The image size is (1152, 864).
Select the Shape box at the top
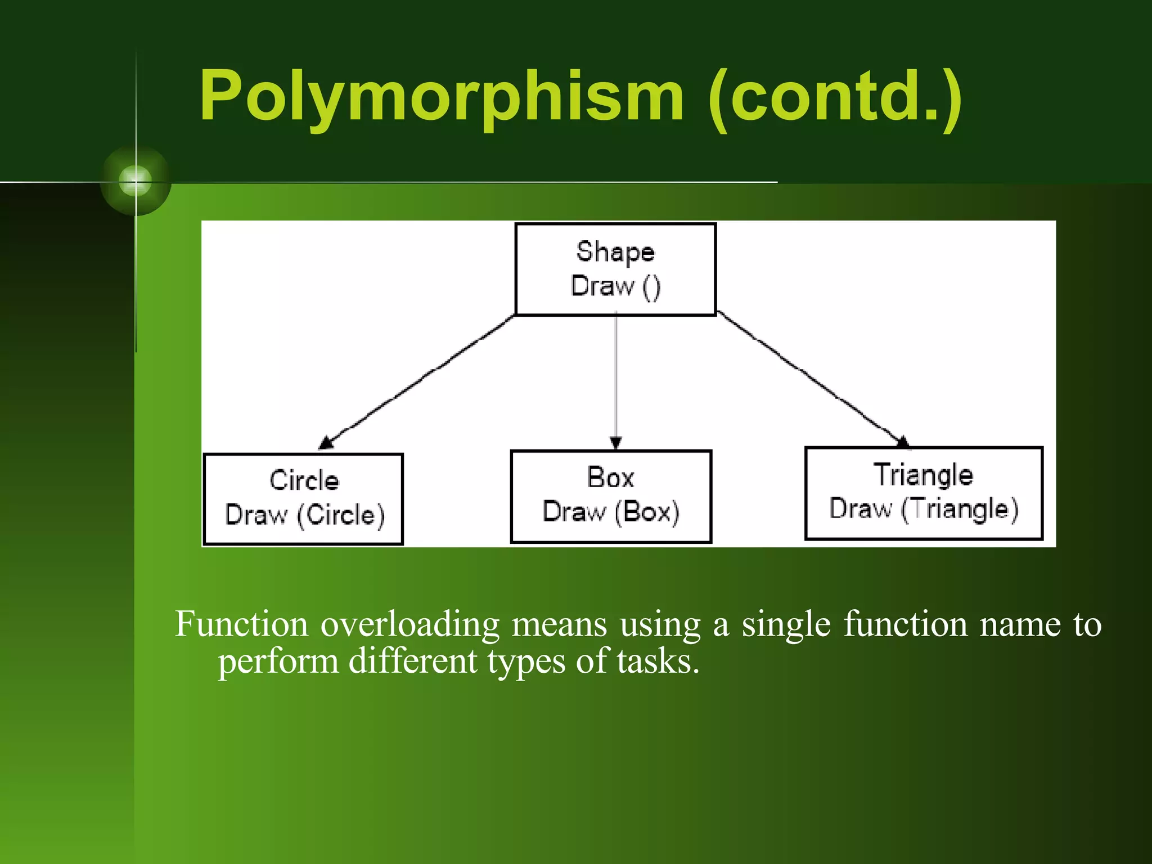[615, 269]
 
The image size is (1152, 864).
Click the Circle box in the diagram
[303, 499]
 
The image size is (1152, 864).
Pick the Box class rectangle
[611, 496]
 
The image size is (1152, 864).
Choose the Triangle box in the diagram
[924, 493]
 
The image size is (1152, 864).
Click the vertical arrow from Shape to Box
[616, 377]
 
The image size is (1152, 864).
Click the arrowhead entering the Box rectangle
[616, 443]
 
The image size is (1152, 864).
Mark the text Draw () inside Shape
[615, 286]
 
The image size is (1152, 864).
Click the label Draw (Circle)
[304, 515]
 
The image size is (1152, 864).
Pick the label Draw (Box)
[611, 511]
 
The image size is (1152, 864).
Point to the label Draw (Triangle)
[924, 508]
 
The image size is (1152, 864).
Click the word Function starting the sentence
[241, 624]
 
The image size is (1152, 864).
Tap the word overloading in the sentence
[409, 624]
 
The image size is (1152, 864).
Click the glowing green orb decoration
[136, 181]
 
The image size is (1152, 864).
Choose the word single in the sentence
[785, 624]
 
